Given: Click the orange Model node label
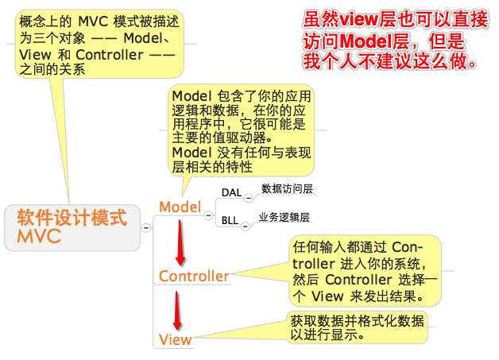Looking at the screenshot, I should pyautogui.click(x=180, y=207).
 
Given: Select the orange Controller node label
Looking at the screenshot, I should pyautogui.click(x=194, y=276).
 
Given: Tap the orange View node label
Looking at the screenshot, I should pyautogui.click(x=175, y=339).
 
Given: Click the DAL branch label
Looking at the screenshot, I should pyautogui.click(x=230, y=193).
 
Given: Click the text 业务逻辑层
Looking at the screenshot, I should pyautogui.click(x=284, y=217).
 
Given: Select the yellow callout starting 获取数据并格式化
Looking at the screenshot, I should pyautogui.click(x=357, y=327).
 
